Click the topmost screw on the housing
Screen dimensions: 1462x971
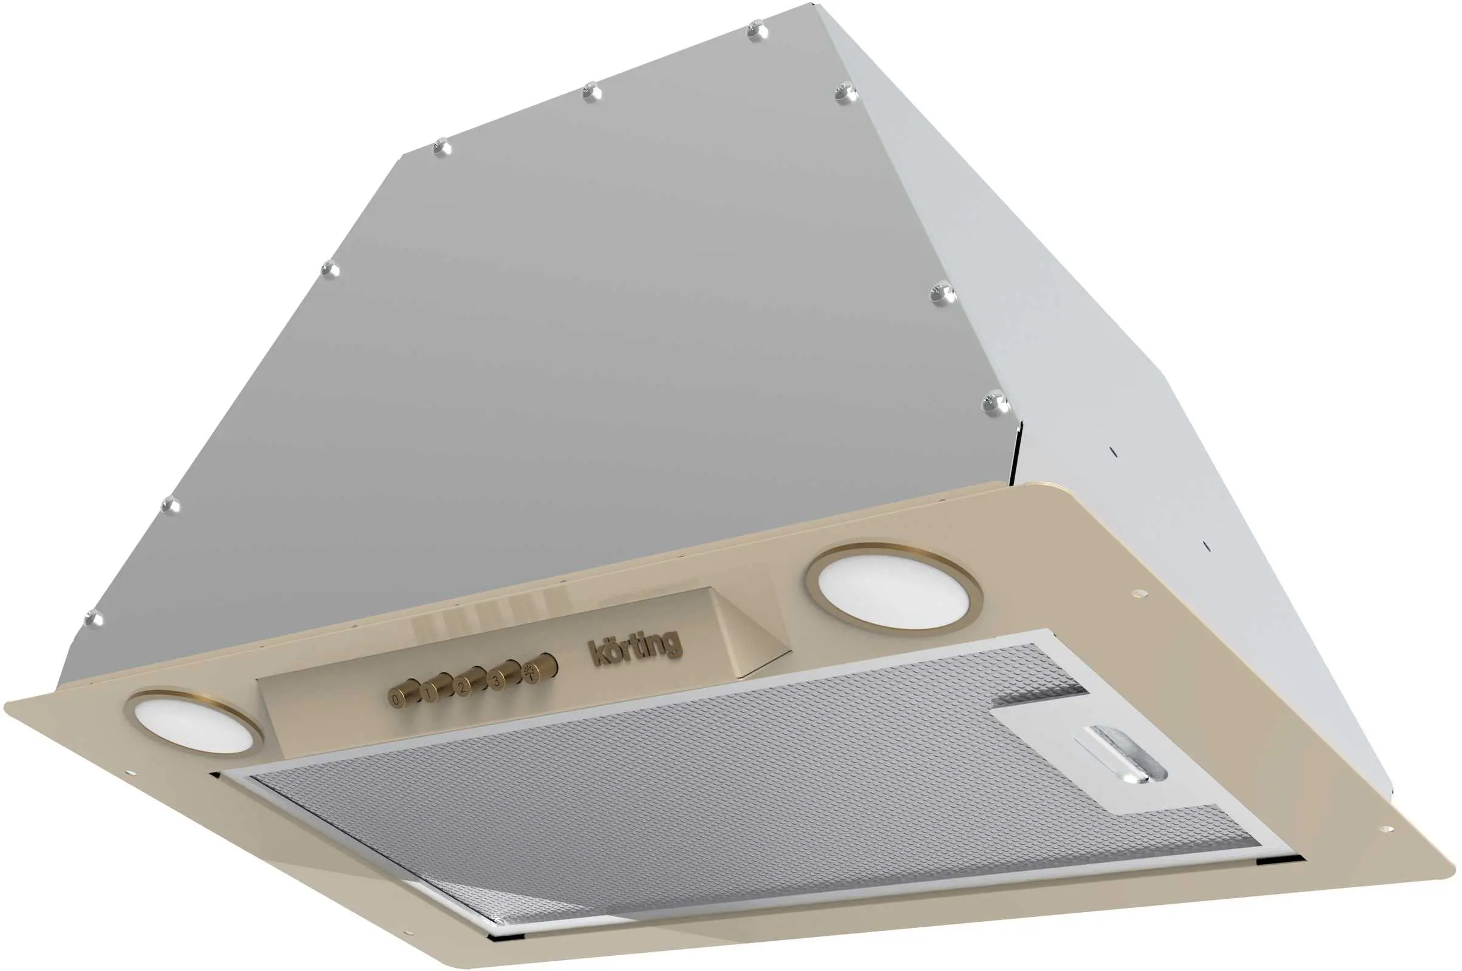click(755, 30)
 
